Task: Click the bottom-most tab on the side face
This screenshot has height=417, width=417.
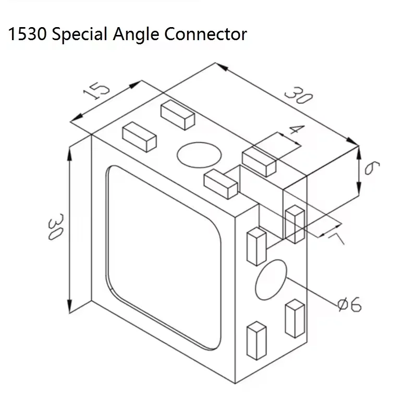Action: (256, 341)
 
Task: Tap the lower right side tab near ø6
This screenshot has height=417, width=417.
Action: (295, 317)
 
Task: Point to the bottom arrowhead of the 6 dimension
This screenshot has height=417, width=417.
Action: (359, 192)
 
